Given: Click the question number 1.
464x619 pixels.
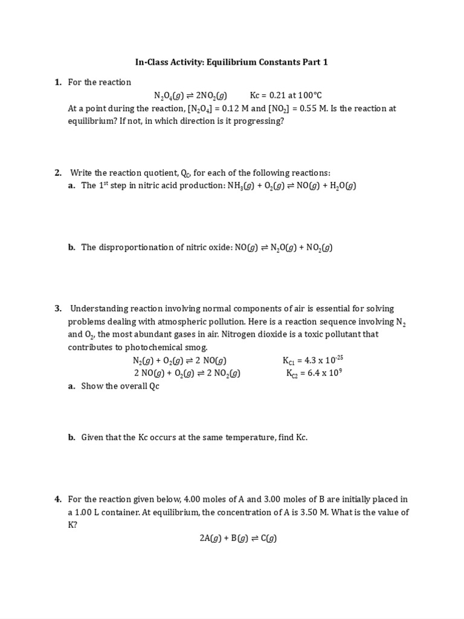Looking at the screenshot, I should click(58, 82).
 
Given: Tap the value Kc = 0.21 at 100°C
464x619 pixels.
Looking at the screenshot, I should click(286, 96).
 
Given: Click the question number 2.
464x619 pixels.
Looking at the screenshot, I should click(58, 173).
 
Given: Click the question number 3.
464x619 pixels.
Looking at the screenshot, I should click(58, 309).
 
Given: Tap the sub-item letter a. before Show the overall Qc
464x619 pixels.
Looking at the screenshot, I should click(71, 386).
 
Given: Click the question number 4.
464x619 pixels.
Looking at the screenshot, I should click(58, 499).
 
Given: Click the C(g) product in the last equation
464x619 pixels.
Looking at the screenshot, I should click(268, 539).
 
